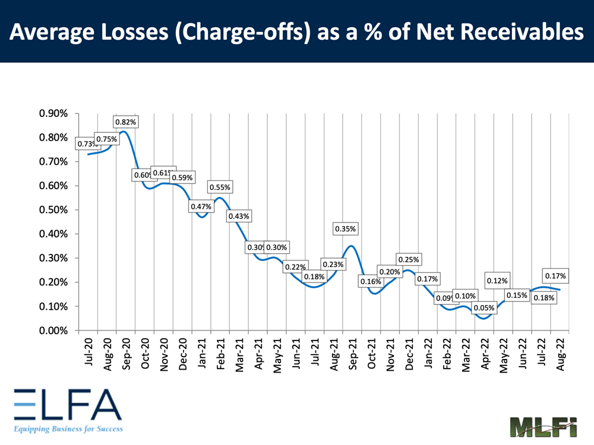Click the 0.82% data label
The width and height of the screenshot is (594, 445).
pos(125,122)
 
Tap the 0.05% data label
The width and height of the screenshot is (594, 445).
pos(483,307)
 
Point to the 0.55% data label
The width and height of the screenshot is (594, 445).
pos(219,187)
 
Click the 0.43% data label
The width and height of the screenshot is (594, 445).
pos(239,216)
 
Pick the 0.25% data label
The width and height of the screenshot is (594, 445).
pos(408,259)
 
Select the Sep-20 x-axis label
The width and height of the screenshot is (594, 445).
pos(126,354)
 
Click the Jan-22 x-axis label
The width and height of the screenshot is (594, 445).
pos(428,354)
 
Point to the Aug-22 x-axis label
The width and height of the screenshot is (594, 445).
pos(561,354)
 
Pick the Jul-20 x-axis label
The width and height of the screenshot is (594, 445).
pos(89,354)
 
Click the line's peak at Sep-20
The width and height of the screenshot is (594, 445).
pos(123,132)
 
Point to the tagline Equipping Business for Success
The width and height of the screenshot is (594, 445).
pos(67,428)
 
